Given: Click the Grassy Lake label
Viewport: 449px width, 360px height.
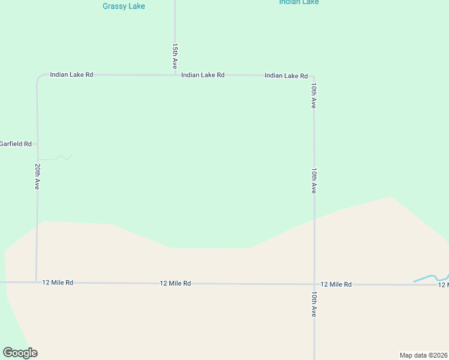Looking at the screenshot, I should pyautogui.click(x=124, y=6).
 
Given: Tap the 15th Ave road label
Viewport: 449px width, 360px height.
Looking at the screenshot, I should pyautogui.click(x=175, y=56).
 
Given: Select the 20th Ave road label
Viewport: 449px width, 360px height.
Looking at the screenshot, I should pyautogui.click(x=37, y=176).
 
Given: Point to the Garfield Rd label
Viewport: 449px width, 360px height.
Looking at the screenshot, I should pyautogui.click(x=16, y=144).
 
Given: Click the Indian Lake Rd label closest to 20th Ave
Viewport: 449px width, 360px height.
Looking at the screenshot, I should pyautogui.click(x=71, y=75).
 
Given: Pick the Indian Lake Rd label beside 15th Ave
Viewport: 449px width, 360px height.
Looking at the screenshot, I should pyautogui.click(x=203, y=75).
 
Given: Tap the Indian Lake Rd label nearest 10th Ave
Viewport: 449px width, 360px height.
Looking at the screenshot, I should pyautogui.click(x=286, y=76).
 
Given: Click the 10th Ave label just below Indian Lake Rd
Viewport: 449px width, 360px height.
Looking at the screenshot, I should pyautogui.click(x=313, y=95).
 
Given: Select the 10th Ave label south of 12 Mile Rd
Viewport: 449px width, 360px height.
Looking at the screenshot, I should pyautogui.click(x=313, y=304).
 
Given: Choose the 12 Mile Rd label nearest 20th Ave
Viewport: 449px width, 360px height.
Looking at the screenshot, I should pyautogui.click(x=58, y=282).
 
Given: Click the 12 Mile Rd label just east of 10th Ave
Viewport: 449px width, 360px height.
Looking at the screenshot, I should pyautogui.click(x=336, y=284).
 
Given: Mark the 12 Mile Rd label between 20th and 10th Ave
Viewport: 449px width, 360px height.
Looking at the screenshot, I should pyautogui.click(x=175, y=283).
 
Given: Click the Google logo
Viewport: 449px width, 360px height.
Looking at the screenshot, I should pyautogui.click(x=20, y=353).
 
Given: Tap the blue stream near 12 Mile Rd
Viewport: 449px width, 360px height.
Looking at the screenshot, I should pyautogui.click(x=426, y=278).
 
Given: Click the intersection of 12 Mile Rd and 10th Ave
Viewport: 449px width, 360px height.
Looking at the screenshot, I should pyautogui.click(x=314, y=284).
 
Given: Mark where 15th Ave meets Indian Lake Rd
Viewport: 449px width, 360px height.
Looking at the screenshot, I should pyautogui.click(x=175, y=75).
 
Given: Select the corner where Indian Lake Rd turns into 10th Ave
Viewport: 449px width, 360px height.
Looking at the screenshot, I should pyautogui.click(x=313, y=77).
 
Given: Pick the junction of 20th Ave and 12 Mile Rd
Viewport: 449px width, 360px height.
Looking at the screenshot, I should pyautogui.click(x=37, y=281).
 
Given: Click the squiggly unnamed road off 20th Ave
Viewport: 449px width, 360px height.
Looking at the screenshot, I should pyautogui.click(x=60, y=158).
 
